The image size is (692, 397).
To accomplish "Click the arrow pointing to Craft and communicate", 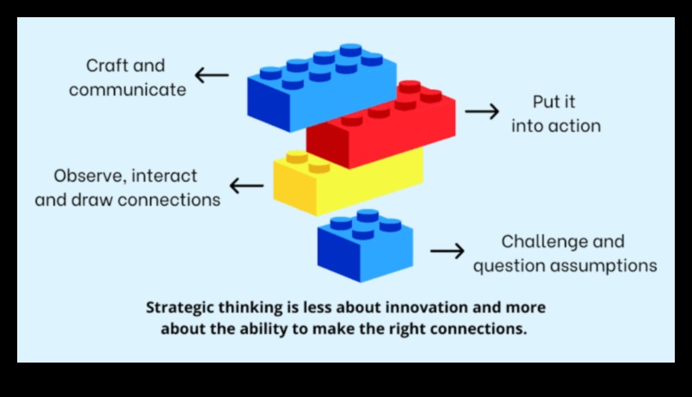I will [212, 75].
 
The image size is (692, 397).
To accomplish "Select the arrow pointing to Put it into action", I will [482, 111].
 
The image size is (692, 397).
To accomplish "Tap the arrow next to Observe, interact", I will [246, 184].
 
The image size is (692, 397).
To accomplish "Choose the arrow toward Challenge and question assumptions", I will [448, 251].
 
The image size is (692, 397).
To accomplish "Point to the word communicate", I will [127, 90].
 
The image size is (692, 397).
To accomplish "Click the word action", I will [573, 126].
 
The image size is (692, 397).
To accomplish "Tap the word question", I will [504, 265].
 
